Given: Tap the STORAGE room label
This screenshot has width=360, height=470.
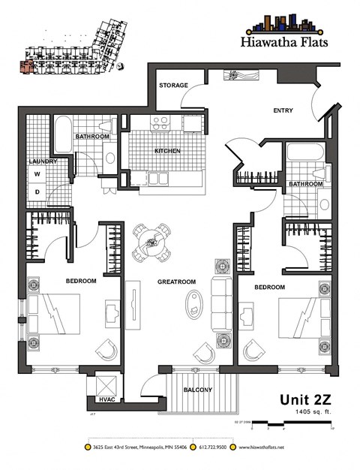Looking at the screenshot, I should tap(172, 86).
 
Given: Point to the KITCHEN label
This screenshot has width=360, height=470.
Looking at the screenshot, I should tap(167, 152).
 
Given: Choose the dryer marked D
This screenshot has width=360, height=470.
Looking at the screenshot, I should tap(37, 191).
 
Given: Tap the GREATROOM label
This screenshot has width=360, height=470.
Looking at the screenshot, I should tap(176, 282).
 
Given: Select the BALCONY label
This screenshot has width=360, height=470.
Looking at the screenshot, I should tap(198, 390).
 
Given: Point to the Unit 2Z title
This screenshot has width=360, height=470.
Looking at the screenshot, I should tap(304, 399).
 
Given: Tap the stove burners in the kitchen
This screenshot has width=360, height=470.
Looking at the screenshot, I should tap(160, 122).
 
